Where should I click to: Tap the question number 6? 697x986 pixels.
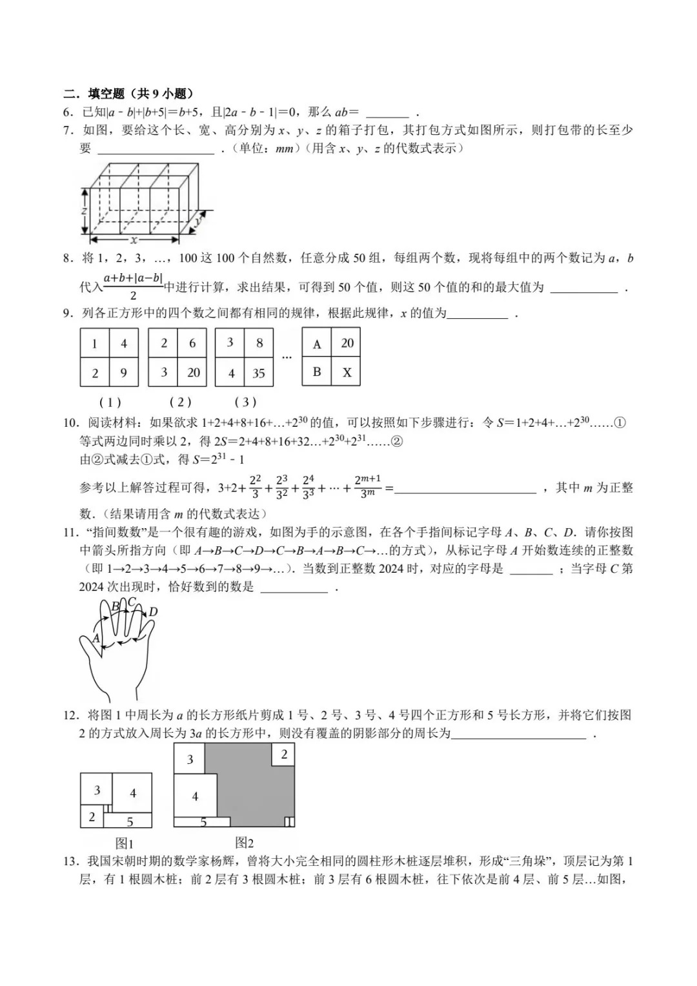(67, 112)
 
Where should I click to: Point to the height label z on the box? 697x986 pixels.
(84, 211)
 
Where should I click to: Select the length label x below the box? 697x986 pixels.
(134, 240)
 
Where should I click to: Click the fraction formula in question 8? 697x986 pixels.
(133, 287)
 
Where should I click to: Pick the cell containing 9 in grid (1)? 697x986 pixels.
(124, 373)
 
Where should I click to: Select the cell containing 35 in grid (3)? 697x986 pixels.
(259, 373)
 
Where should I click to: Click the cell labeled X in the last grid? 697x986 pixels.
(347, 373)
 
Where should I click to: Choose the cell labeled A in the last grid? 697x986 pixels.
(317, 344)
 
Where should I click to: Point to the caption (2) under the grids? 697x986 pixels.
(180, 402)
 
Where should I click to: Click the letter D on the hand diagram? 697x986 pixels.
(153, 612)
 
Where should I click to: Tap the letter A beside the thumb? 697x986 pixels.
(96, 638)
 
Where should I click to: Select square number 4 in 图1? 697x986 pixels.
(133, 793)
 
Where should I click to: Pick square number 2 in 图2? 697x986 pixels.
(284, 754)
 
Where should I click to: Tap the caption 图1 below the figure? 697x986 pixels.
(124, 843)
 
